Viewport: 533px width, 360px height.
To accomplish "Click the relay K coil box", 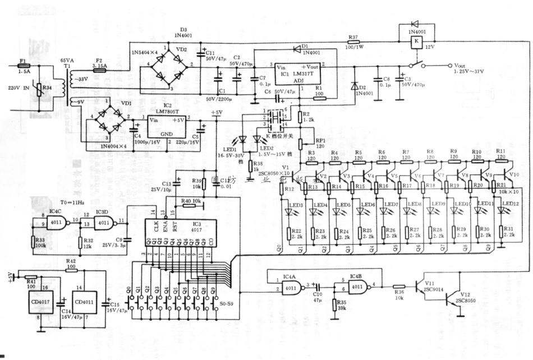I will tap(416, 42).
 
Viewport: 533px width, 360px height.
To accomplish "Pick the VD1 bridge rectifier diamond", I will tap(107, 119).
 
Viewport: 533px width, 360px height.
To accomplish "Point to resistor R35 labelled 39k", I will tap(335, 309).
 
